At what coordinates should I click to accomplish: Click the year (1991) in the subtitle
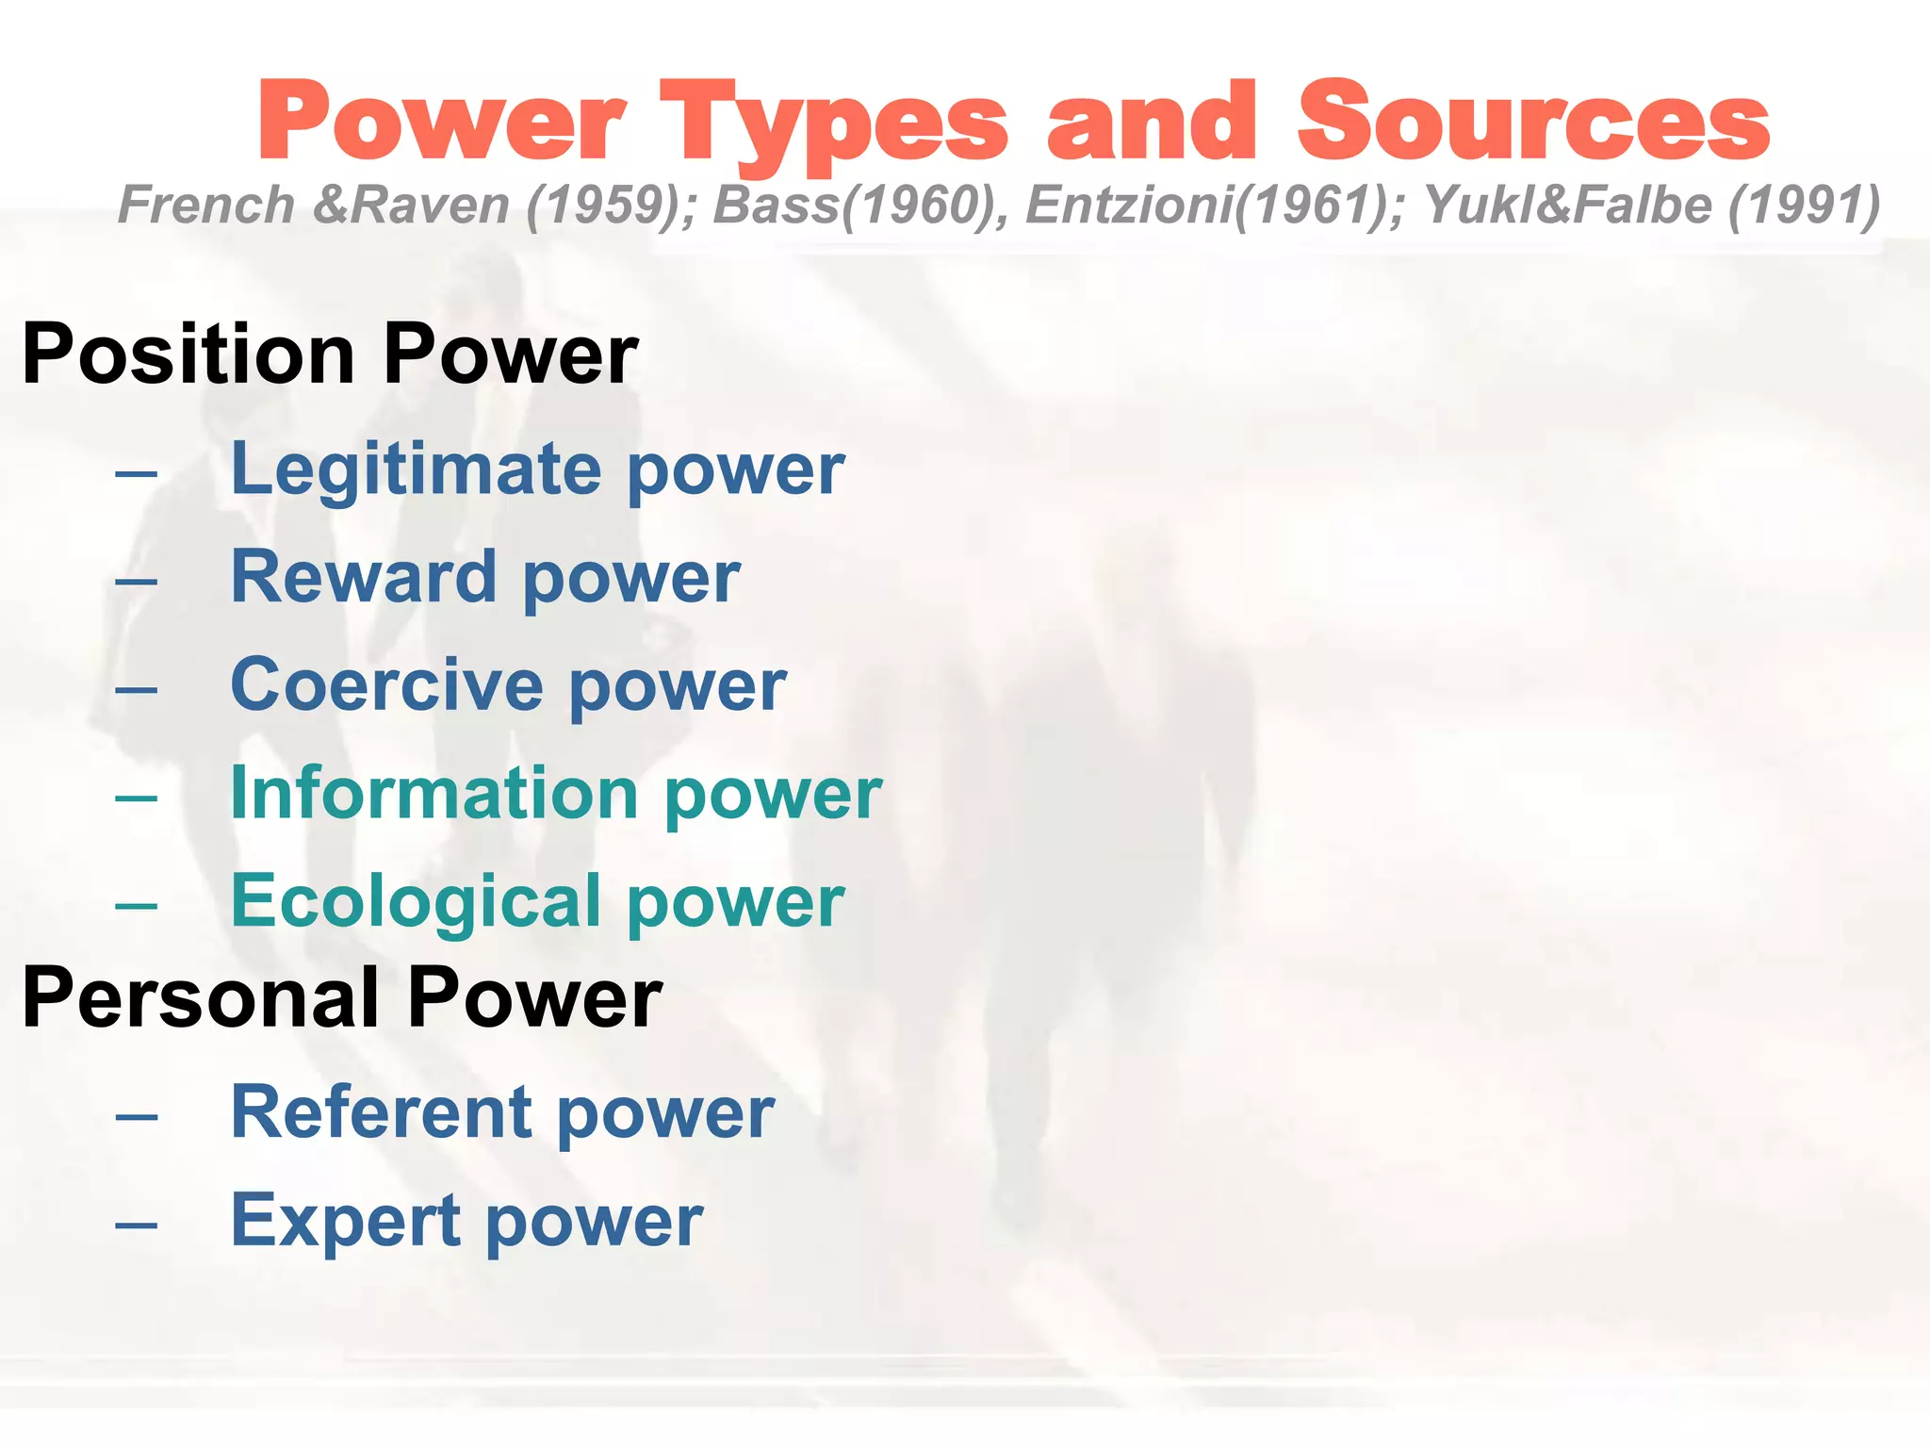1804,206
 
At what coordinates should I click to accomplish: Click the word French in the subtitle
206,206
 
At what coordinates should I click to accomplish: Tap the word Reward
364,577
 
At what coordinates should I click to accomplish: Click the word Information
434,793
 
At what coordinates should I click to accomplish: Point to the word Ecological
416,901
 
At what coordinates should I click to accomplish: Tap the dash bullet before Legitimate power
137,472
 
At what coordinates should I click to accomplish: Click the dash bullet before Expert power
137,1225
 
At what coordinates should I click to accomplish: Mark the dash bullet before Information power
137,798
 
